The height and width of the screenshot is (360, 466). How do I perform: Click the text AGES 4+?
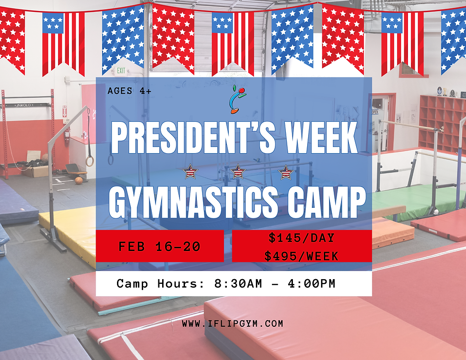[129, 90]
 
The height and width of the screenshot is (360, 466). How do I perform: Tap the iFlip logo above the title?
[238, 99]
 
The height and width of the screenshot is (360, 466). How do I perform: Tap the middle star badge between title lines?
[237, 171]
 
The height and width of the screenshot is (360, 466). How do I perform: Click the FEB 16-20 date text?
[159, 246]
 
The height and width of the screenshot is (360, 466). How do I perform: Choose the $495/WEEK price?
[301, 256]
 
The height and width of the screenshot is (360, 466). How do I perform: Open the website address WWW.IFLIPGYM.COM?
[233, 323]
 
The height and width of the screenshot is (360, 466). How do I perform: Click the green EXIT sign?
[122, 70]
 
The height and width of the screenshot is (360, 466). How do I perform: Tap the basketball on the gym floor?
[78, 180]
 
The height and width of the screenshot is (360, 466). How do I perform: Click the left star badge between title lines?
[190, 171]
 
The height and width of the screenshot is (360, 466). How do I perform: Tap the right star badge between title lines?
[286, 171]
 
